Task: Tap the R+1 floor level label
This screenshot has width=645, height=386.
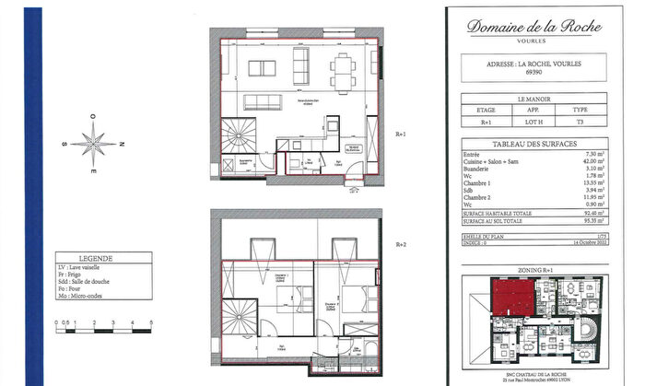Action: (x=401, y=132)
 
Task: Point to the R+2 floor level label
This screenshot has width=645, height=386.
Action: (x=401, y=245)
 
